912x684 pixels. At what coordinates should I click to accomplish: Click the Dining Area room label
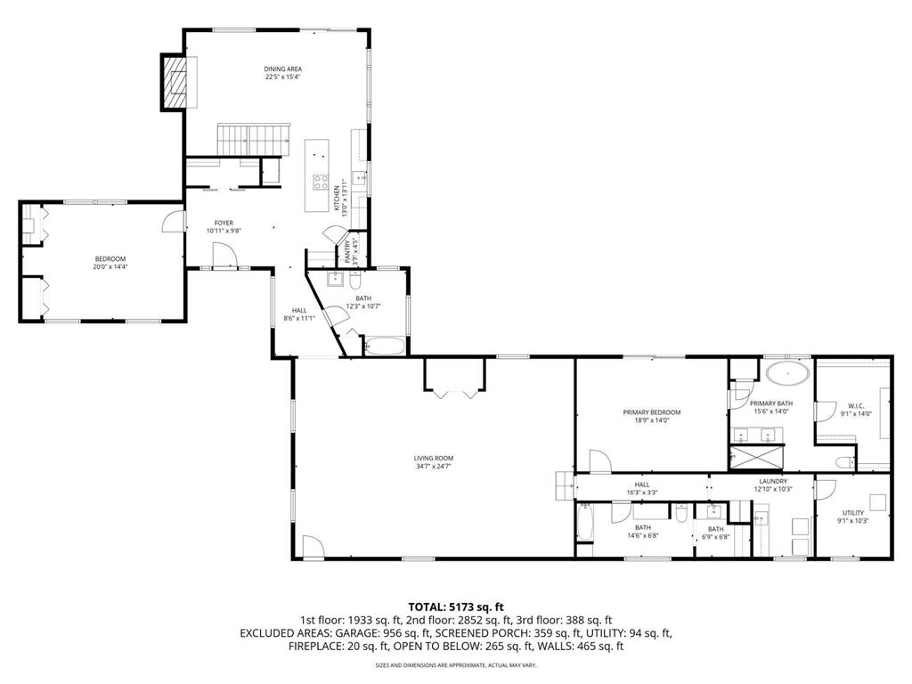tap(283, 69)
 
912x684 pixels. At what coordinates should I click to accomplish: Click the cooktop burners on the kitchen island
tap(319, 183)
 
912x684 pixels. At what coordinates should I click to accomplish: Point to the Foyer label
tap(224, 223)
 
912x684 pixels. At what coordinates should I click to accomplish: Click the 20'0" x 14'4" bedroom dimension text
tap(110, 266)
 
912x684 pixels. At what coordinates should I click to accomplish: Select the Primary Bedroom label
tap(651, 412)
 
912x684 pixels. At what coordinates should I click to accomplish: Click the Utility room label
tap(853, 513)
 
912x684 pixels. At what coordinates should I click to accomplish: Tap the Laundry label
tap(773, 481)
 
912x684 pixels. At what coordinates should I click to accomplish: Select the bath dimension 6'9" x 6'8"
tap(716, 537)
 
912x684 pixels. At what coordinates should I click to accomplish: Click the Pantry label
tap(348, 253)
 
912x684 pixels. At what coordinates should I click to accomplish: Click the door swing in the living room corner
tap(313, 546)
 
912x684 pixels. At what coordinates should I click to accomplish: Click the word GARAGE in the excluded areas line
tap(333, 633)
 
